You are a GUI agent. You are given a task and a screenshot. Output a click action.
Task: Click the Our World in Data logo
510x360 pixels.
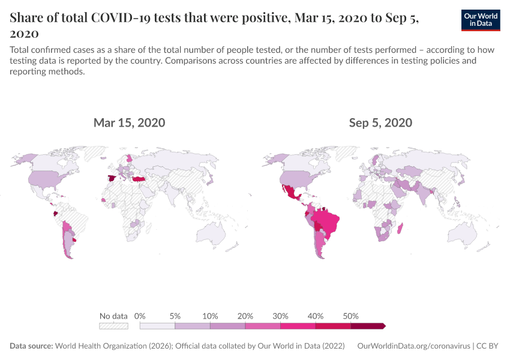click(x=481, y=20)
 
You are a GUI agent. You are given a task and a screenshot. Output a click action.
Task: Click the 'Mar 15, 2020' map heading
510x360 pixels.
click(x=129, y=123)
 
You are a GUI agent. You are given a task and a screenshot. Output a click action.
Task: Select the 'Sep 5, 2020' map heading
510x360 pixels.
click(x=380, y=123)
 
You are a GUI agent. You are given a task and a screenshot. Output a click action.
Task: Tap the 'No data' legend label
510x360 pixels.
click(x=113, y=316)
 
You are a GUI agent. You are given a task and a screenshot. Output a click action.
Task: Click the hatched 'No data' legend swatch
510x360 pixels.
click(x=113, y=326)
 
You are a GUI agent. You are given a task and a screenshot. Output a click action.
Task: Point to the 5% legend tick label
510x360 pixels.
click(x=175, y=316)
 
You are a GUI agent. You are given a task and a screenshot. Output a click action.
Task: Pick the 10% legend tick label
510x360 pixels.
click(x=210, y=316)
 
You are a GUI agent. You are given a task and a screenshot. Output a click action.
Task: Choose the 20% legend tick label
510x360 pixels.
click(x=245, y=316)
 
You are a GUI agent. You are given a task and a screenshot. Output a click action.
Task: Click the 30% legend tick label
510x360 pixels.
click(x=280, y=316)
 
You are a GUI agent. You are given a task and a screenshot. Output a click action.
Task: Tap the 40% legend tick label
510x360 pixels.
click(x=316, y=316)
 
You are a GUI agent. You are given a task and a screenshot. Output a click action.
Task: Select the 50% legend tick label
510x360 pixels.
click(x=350, y=316)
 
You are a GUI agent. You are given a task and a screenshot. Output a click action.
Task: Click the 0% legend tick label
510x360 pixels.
click(x=140, y=316)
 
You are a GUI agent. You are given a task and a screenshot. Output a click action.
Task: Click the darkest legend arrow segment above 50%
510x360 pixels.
click(x=367, y=326)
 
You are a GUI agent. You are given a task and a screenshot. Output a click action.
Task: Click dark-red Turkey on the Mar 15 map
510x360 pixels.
click(x=139, y=179)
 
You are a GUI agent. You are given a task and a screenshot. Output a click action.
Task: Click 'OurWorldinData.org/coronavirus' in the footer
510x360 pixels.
click(x=413, y=346)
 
